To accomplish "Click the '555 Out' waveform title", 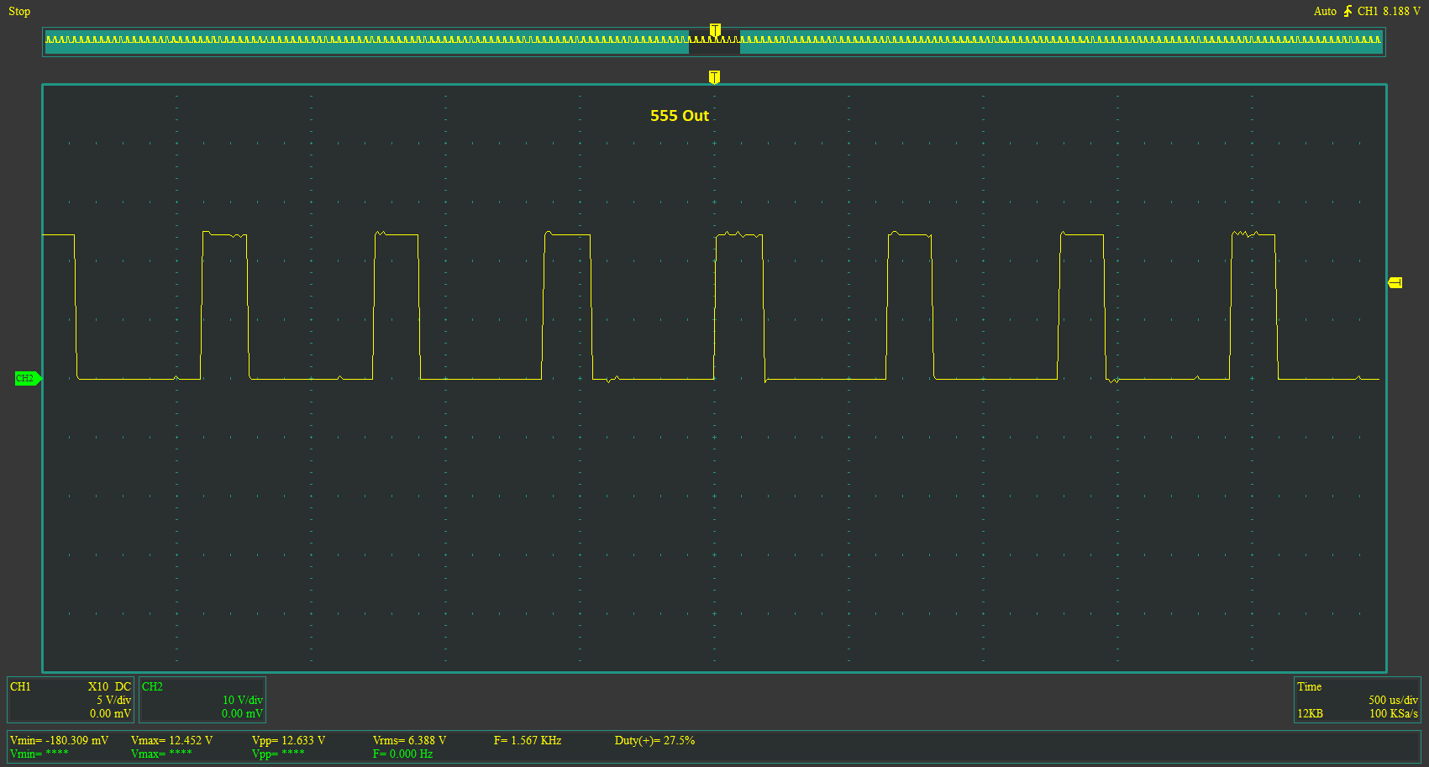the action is point(680,115).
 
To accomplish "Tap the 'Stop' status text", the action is point(19,12).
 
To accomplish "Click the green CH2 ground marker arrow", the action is point(28,378).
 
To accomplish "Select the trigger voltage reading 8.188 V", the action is point(1401,12).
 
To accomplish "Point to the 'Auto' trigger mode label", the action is point(1325,12).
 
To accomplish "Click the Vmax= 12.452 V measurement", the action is point(171,740).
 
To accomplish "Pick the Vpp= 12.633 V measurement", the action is point(288,740).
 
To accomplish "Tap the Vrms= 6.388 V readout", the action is point(410,740).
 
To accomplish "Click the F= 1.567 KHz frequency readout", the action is point(528,740).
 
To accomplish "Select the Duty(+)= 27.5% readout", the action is point(654,740).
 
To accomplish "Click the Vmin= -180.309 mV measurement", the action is point(60,740).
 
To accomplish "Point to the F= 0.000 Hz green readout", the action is point(402,754).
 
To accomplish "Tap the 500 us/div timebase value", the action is point(1393,700).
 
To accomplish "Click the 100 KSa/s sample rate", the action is point(1394,713).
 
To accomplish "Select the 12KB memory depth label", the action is point(1310,713).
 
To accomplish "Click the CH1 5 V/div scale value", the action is point(113,700).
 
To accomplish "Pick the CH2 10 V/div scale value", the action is point(243,700).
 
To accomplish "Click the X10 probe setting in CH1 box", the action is point(98,686).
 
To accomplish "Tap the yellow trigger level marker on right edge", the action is point(1395,282).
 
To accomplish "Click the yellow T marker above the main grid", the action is point(714,77).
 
